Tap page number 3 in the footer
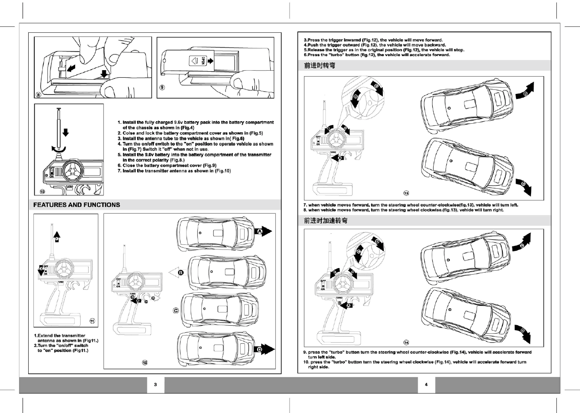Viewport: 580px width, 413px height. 155,385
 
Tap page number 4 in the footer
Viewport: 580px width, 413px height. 426,385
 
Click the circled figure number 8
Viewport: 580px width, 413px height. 38,94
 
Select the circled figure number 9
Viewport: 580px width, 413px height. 162,87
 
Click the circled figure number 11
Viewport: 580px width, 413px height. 92,321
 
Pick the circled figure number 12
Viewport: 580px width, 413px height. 145,363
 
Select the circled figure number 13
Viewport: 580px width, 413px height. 406,193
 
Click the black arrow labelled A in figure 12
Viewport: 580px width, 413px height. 263,231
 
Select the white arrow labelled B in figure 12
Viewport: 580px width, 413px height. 178,273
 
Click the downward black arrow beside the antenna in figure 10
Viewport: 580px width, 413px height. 66,133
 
